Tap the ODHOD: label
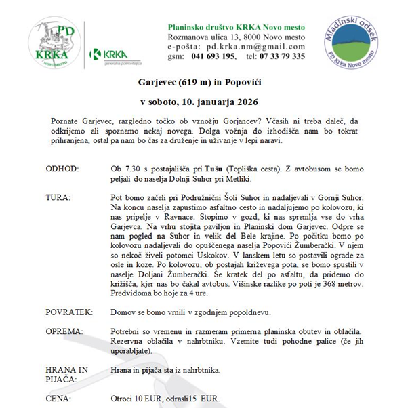click(x=62, y=167)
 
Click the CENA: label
click(x=60, y=400)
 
